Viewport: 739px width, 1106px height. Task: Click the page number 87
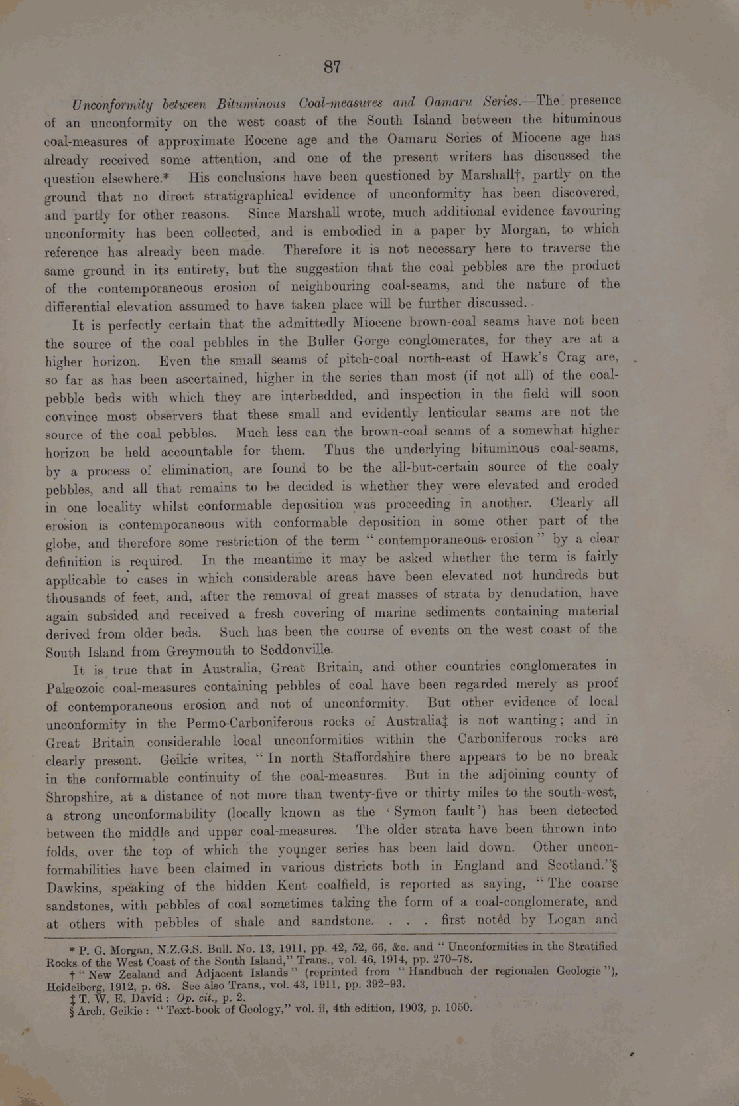[x=332, y=67]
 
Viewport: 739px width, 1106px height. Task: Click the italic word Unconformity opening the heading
[x=111, y=105]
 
